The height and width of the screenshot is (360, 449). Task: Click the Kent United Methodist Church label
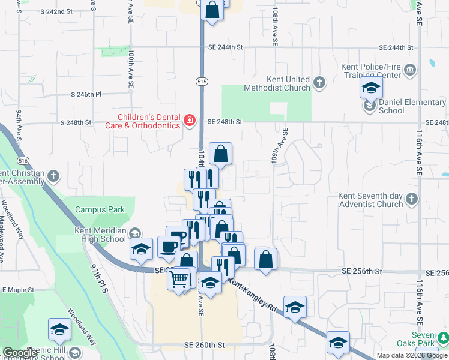pos(277,83)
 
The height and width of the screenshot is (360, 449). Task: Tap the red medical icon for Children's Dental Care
pos(190,121)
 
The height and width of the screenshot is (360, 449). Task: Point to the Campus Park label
pos(100,209)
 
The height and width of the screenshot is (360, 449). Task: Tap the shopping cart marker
pos(179,279)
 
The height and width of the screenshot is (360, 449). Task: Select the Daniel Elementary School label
pos(412,106)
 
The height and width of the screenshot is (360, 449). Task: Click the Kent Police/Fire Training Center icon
pos(410,70)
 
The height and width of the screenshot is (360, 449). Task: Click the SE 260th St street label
pos(204,345)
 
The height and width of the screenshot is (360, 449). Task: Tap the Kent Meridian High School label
pos(100,235)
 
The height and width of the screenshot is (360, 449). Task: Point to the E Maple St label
pos(19,290)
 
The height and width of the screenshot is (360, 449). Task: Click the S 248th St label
pos(76,122)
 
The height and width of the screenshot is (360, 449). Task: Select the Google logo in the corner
pos(20,353)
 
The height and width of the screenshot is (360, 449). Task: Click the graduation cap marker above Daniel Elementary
pos(372,89)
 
